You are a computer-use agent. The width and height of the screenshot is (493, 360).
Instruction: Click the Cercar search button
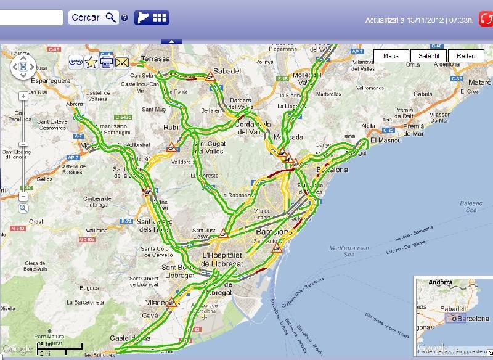click(x=93, y=18)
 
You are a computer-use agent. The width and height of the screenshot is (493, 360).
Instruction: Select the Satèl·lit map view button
click(x=428, y=56)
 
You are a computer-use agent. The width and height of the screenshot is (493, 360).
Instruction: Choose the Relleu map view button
click(x=465, y=56)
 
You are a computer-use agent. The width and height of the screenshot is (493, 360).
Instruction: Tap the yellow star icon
click(x=91, y=62)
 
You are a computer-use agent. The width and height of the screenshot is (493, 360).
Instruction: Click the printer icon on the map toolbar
click(x=106, y=62)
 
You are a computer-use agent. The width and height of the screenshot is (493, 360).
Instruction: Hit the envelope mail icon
click(x=121, y=62)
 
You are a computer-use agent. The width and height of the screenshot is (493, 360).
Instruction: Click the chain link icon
click(x=76, y=62)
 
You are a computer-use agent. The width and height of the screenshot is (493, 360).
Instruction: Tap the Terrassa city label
click(x=155, y=59)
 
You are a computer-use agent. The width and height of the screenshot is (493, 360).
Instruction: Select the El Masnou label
click(x=386, y=141)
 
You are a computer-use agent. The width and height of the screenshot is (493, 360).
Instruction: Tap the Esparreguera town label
click(x=31, y=81)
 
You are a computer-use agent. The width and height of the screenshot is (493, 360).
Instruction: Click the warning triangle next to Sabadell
click(x=211, y=77)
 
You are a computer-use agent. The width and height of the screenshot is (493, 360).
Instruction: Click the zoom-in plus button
click(x=23, y=96)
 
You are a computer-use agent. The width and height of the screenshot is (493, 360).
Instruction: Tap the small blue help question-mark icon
click(x=124, y=18)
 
